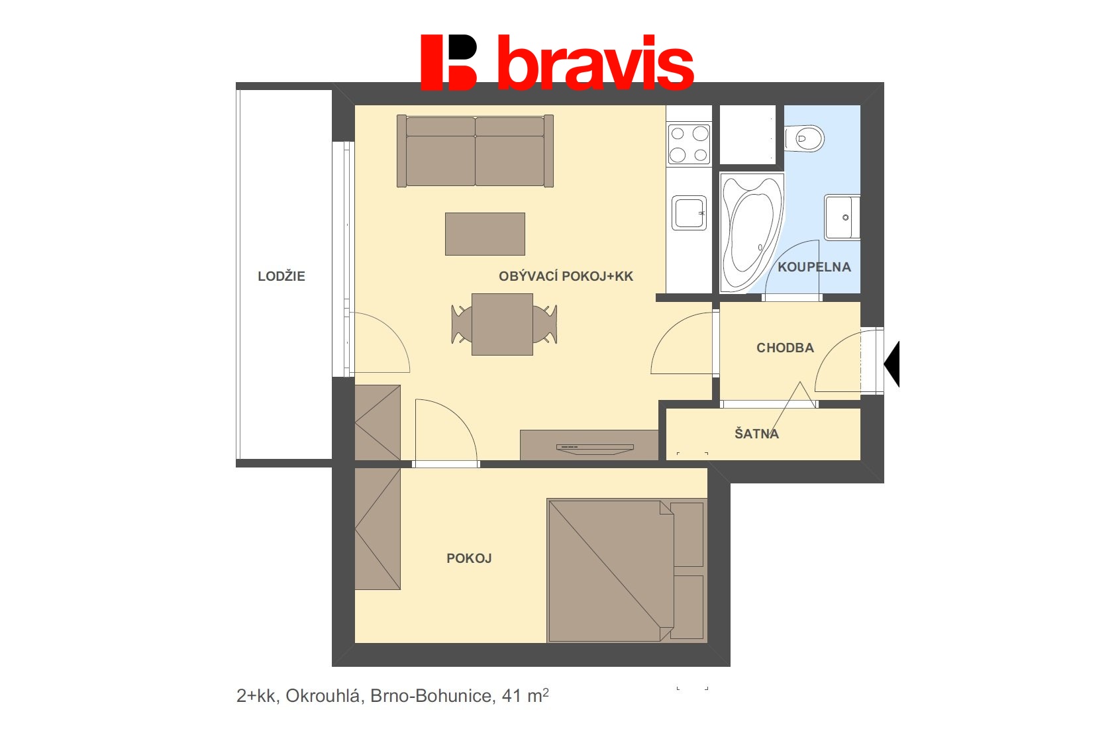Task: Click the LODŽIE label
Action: pyautogui.click(x=281, y=276)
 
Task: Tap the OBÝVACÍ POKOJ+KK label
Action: pyautogui.click(x=566, y=276)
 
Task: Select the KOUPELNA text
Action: pyautogui.click(x=814, y=267)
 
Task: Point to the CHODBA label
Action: pyautogui.click(x=786, y=348)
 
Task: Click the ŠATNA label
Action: pyautogui.click(x=756, y=433)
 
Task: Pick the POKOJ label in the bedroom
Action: pyautogui.click(x=469, y=558)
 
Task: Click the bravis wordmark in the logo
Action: pyautogui.click(x=596, y=64)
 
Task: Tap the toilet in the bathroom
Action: pyautogui.click(x=804, y=138)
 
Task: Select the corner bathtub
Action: pyautogui.click(x=751, y=232)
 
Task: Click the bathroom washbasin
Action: pyautogui.click(x=842, y=218)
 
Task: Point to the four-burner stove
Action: pyautogui.click(x=689, y=144)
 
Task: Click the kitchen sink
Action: pyautogui.click(x=689, y=213)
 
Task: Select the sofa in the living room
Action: pyautogui.click(x=475, y=151)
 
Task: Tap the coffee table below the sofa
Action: pyautogui.click(x=485, y=234)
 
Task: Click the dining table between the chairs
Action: pyautogui.click(x=502, y=324)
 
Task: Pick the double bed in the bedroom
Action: pyautogui.click(x=627, y=571)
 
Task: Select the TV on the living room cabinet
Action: pyautogui.click(x=595, y=449)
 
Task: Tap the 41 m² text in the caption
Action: pyautogui.click(x=525, y=695)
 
